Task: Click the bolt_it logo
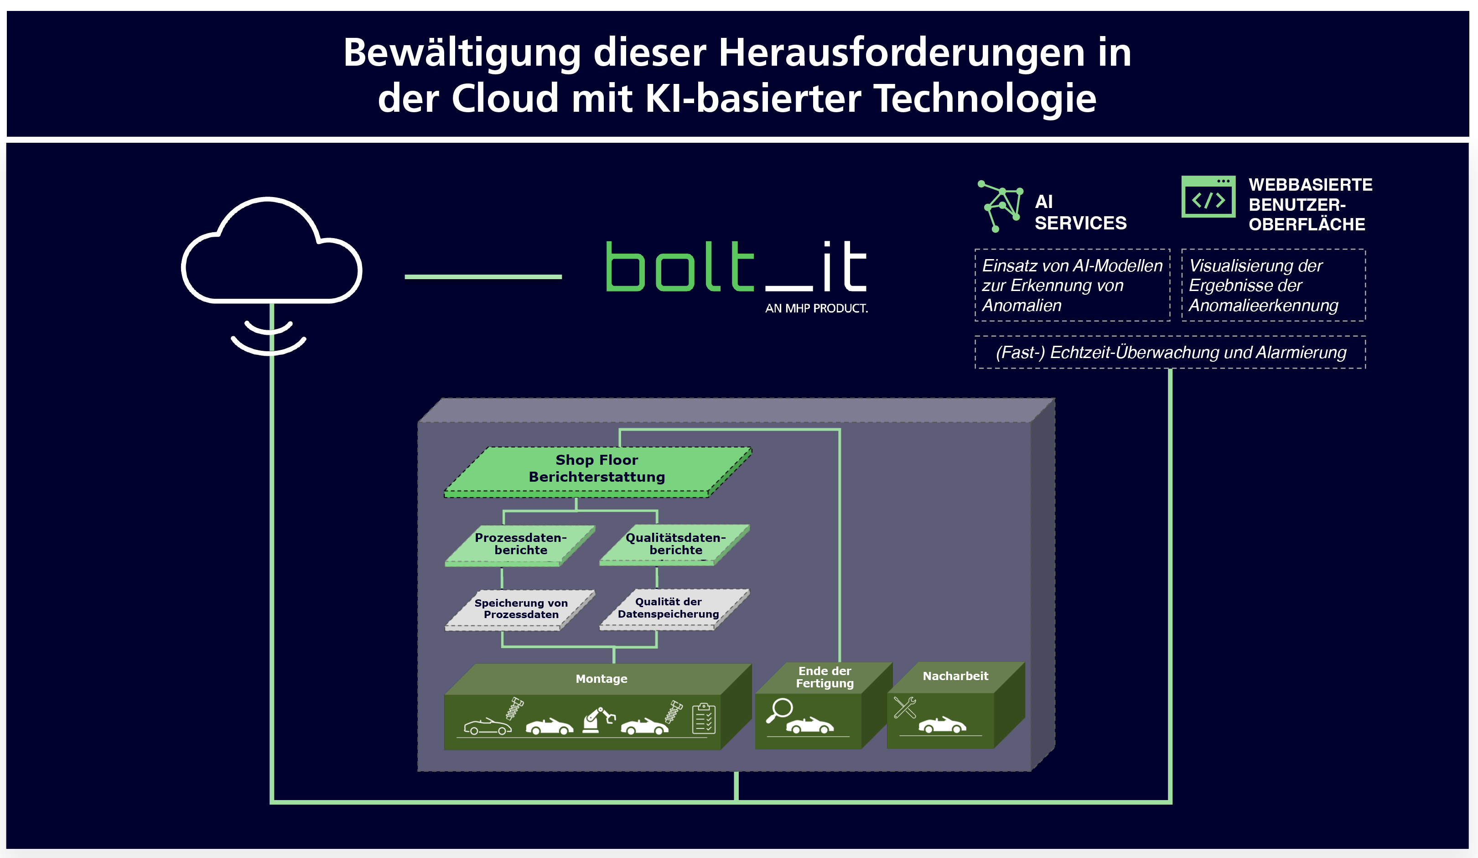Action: [736, 267]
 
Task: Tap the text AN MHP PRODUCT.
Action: [816, 308]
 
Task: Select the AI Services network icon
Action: [1001, 206]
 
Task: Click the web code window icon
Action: [1208, 197]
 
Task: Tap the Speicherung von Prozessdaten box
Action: [520, 610]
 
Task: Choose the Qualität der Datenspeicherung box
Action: [674, 609]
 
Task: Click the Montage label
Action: [601, 679]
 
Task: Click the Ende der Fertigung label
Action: [825, 677]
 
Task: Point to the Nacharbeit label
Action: [955, 676]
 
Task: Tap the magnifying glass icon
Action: [779, 710]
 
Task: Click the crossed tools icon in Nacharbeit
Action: [905, 707]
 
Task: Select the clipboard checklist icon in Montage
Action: [704, 718]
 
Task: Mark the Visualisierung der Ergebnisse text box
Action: [1273, 286]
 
